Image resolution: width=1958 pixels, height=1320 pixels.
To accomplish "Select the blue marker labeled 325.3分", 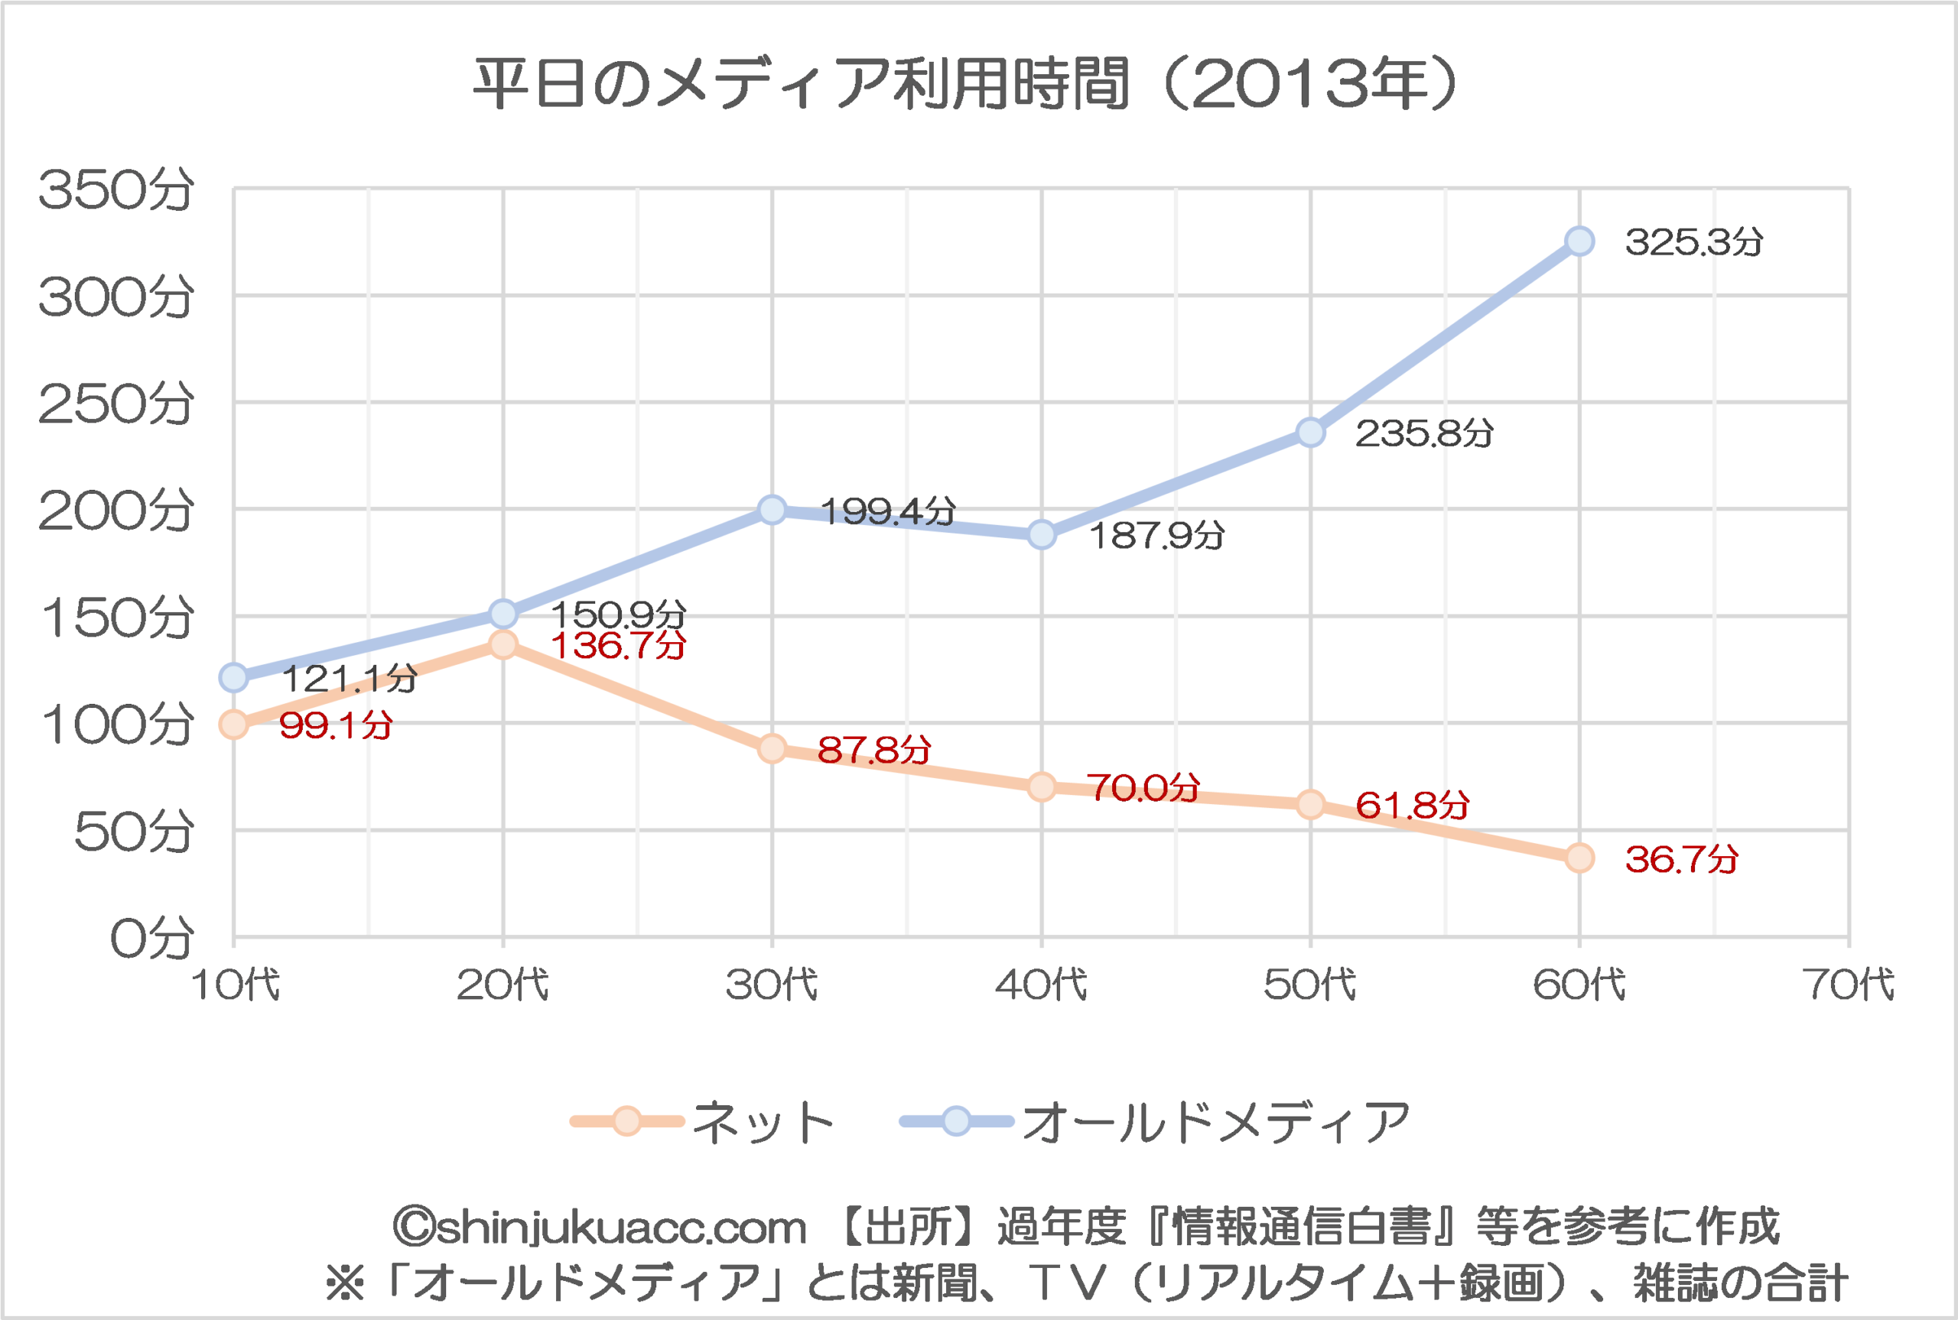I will (1579, 242).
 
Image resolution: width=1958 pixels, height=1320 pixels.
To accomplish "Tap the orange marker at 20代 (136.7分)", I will (503, 645).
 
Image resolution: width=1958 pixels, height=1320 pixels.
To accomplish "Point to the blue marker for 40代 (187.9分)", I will (1042, 534).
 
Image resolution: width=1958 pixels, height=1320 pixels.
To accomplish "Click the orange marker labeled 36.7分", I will (1579, 858).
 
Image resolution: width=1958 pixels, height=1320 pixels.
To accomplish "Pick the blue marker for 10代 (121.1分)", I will (233, 677).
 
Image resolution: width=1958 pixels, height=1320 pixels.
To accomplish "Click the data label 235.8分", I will (1424, 433).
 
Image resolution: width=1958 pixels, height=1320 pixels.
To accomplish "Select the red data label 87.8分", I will (873, 749).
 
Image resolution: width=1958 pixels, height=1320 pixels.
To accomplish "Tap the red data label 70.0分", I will (1143, 788).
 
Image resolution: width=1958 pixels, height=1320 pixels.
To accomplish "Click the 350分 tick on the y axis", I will (115, 190).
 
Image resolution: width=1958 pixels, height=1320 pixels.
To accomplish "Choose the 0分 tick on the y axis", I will (151, 938).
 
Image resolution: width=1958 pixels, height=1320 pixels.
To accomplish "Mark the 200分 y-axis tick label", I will (115, 510).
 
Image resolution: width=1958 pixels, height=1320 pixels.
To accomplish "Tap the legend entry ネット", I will (762, 1122).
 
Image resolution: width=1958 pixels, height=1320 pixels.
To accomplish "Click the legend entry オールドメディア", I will (1215, 1122).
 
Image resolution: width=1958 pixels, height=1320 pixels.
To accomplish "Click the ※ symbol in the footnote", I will (345, 1284).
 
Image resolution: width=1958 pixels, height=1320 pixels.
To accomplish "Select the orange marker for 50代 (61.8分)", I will (1310, 805).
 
